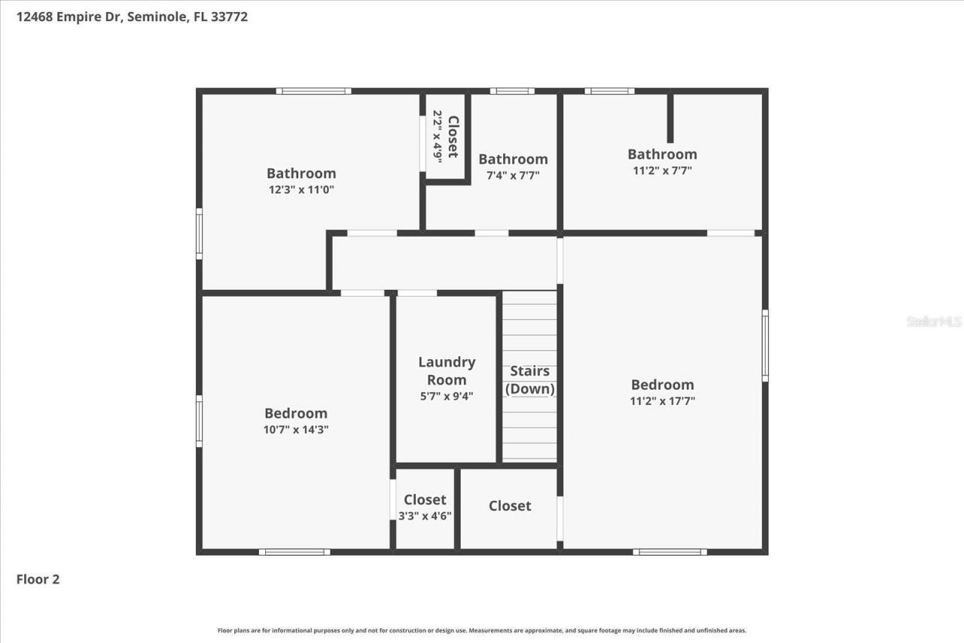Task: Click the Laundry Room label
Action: click(x=447, y=370)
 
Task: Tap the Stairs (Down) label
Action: click(x=529, y=379)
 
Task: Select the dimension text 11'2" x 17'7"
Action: click(x=662, y=401)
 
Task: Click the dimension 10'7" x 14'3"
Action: click(x=296, y=430)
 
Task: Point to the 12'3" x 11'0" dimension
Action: click(x=301, y=190)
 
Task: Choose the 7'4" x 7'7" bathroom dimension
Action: click(x=513, y=175)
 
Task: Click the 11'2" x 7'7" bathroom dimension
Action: click(x=662, y=170)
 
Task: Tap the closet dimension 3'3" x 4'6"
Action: click(x=425, y=516)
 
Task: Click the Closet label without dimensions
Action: click(x=510, y=506)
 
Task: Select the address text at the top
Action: click(x=133, y=17)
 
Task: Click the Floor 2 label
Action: click(x=38, y=579)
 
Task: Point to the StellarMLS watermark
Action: click(x=934, y=321)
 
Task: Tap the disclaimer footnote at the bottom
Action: click(x=482, y=630)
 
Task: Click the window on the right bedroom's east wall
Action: click(x=765, y=346)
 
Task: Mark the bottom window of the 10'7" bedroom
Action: click(x=294, y=552)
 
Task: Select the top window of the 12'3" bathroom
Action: click(x=313, y=91)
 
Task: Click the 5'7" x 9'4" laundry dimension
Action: click(x=447, y=396)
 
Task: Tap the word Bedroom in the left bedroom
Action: click(x=296, y=413)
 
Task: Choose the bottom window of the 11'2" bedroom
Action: click(x=670, y=552)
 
